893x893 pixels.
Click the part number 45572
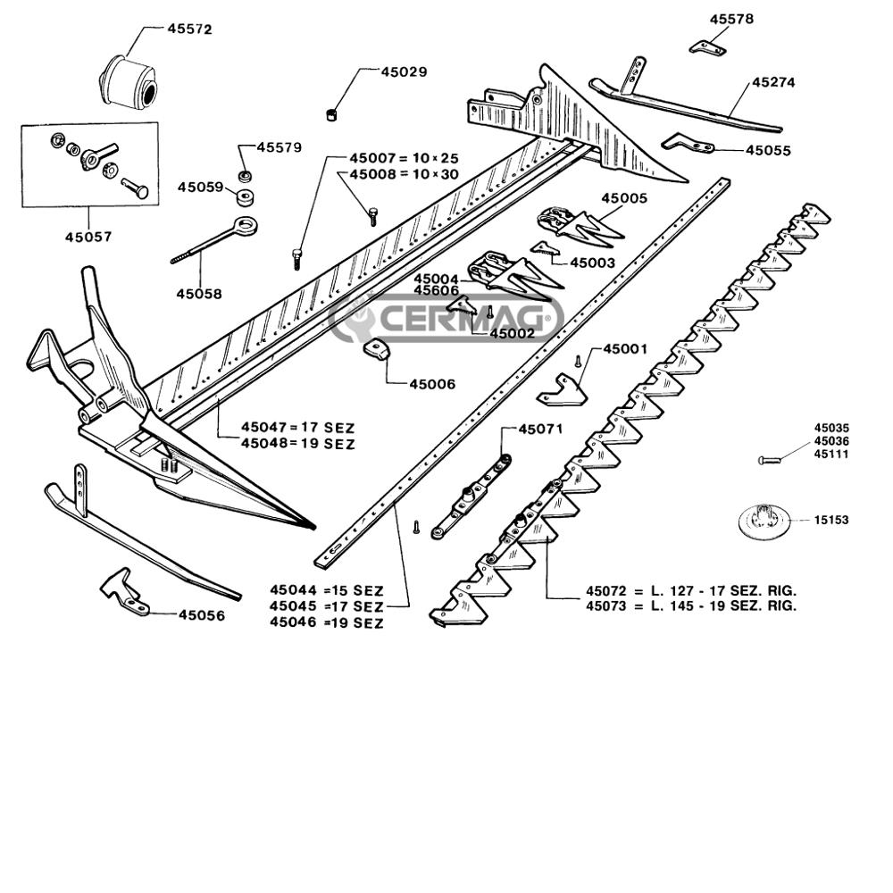point(189,29)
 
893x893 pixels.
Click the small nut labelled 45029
point(330,113)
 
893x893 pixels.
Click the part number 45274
point(772,82)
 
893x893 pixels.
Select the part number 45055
point(768,151)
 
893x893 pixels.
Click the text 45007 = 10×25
point(404,158)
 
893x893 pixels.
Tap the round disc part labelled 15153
point(761,520)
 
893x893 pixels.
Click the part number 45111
point(830,454)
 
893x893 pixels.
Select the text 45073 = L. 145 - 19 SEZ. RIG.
point(690,605)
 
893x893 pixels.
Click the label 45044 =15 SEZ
point(327,590)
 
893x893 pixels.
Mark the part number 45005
point(623,197)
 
